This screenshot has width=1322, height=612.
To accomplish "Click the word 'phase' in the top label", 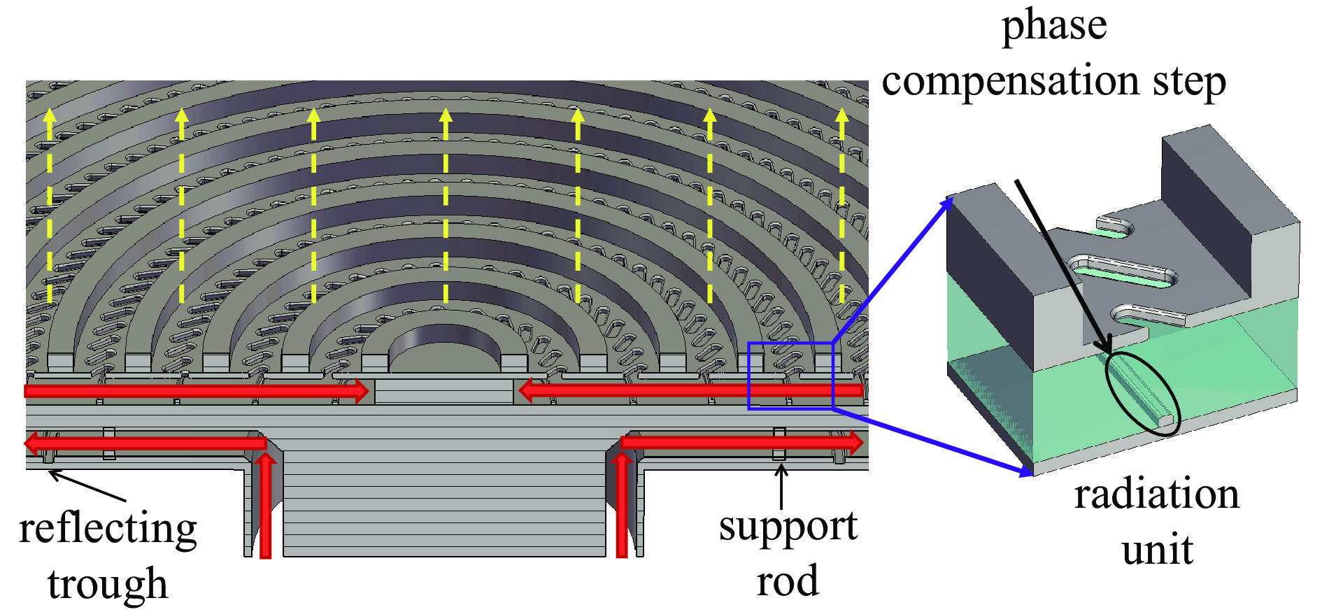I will tap(1054, 27).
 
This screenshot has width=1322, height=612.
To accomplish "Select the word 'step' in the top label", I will tap(1190, 82).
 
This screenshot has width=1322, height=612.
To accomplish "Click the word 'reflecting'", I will tap(108, 529).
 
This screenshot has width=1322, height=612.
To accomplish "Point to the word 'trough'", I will tap(108, 584).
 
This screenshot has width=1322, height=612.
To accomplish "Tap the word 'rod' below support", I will tap(788, 581).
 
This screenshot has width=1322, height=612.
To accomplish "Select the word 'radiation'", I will tap(1157, 494).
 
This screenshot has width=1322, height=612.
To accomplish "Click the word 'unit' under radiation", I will tap(1157, 550).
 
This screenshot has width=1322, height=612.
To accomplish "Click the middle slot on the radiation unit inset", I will tap(1121, 269).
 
